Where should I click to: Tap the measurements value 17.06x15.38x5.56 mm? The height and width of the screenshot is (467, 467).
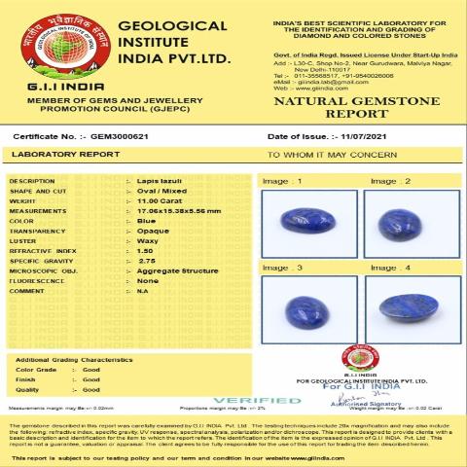coord(179,211)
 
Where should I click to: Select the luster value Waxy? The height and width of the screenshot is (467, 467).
coord(151,240)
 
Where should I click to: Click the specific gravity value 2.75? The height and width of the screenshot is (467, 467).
coord(149,261)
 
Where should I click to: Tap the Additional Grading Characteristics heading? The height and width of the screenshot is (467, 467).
coord(73,360)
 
